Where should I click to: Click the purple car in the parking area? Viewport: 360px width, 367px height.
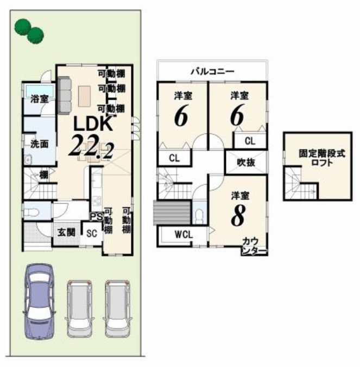(39, 302)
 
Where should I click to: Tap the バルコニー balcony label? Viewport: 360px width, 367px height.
(212, 71)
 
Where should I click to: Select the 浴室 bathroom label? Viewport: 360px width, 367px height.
(40, 99)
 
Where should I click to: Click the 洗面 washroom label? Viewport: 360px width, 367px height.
(39, 144)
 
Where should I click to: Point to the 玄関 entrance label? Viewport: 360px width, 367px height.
(66, 232)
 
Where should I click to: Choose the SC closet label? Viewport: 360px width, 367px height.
(91, 233)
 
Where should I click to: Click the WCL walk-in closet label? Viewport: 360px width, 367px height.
(184, 234)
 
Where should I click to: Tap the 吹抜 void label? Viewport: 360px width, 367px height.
(246, 163)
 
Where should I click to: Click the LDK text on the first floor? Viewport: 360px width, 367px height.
(93, 124)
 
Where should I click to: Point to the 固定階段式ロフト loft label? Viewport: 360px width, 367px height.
(322, 158)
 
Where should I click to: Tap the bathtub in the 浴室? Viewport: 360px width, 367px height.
(40, 91)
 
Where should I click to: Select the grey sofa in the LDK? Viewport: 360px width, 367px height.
(64, 95)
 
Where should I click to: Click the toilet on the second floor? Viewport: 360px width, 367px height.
(199, 215)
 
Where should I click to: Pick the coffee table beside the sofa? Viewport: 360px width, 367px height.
(84, 96)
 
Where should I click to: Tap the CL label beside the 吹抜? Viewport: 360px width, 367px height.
(250, 141)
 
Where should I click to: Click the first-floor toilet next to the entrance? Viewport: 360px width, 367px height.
(31, 212)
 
